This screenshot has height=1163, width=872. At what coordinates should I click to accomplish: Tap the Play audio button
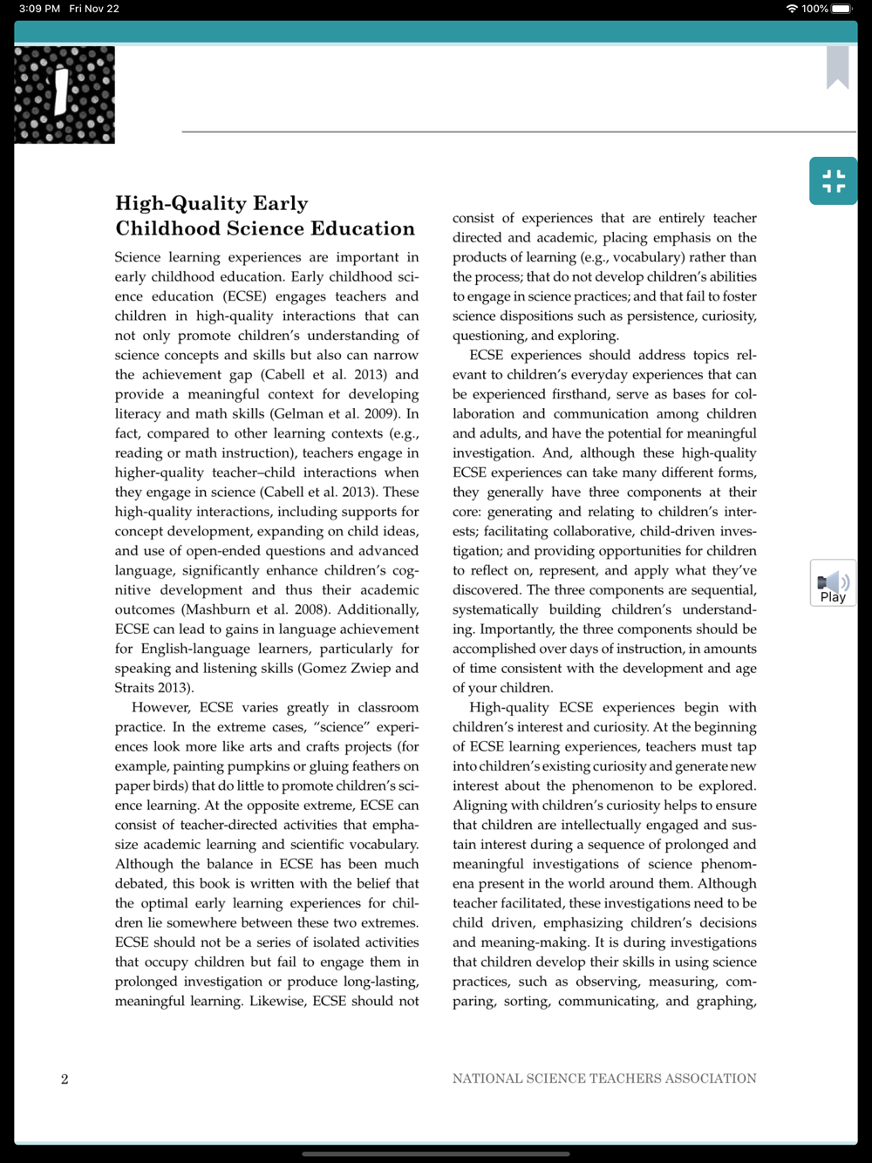click(x=833, y=583)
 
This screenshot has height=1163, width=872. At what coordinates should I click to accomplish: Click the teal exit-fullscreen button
click(x=833, y=181)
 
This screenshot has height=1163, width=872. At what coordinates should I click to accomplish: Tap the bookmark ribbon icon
click(x=837, y=67)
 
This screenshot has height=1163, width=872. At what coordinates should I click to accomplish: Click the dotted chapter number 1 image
click(x=65, y=94)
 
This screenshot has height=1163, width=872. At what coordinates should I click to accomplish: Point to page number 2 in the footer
click(x=65, y=1079)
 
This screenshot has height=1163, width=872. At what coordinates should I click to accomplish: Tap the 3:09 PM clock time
click(x=39, y=9)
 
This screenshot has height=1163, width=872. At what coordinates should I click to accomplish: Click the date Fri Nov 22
click(x=94, y=9)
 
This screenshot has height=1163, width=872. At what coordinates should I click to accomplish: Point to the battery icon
click(x=842, y=9)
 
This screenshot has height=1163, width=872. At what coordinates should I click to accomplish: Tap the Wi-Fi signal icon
click(x=792, y=9)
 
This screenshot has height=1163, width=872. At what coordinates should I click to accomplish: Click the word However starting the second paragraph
click(x=160, y=708)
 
